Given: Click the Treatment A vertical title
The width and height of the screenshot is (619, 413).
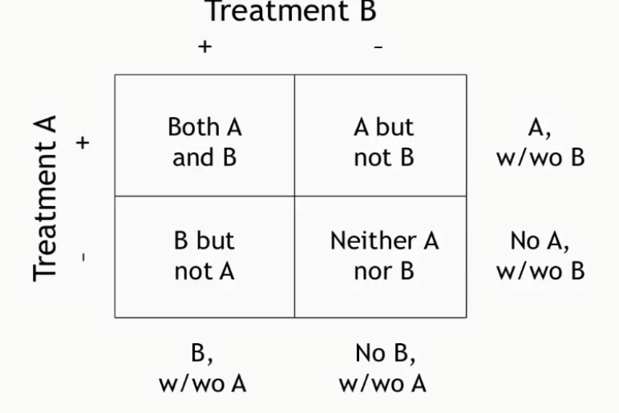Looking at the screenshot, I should [x=47, y=196].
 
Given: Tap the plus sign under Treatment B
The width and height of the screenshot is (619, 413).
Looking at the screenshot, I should [x=205, y=47].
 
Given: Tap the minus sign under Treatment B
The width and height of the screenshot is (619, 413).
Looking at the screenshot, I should [x=378, y=47].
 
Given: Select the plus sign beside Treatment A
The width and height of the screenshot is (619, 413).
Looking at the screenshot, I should [x=83, y=143].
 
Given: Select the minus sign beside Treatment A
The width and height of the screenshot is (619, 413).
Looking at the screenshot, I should [x=83, y=258].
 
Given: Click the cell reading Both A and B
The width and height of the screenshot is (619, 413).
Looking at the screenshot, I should [x=204, y=141].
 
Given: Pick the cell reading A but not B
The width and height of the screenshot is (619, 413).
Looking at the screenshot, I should [x=383, y=141].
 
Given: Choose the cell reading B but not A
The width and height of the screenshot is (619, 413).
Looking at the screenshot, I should [x=204, y=257].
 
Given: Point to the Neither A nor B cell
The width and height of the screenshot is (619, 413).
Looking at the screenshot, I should [x=383, y=257].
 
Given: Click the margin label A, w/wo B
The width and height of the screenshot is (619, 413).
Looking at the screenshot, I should [x=540, y=141].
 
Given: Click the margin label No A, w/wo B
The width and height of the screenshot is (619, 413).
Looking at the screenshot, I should [x=540, y=257].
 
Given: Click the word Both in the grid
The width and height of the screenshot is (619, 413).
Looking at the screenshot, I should [x=187, y=127].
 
